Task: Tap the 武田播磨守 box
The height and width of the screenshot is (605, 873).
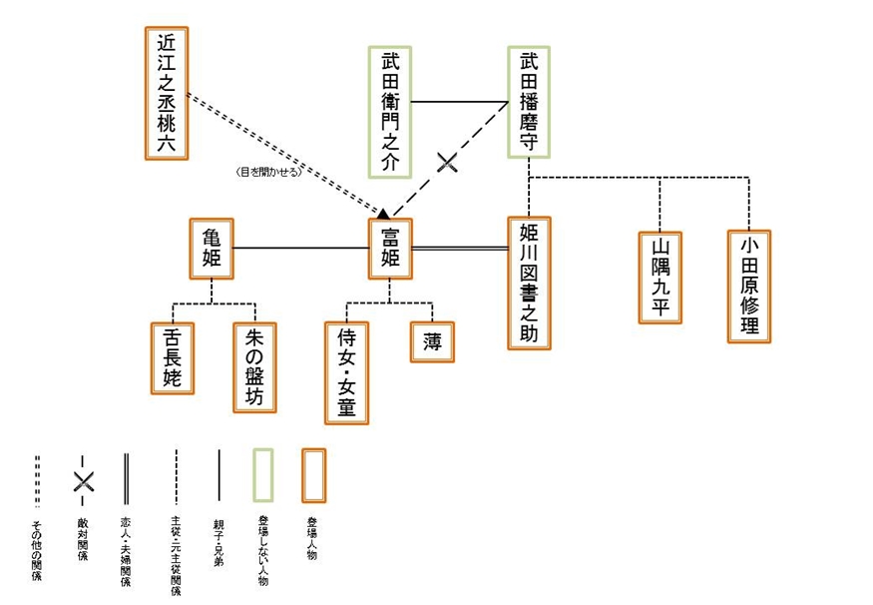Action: click(x=529, y=101)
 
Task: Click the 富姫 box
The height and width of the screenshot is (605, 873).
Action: click(x=390, y=248)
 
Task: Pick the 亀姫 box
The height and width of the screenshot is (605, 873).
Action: click(x=212, y=248)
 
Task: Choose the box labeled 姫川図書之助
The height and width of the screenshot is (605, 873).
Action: click(x=529, y=283)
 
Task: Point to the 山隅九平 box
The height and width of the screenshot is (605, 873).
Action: click(x=660, y=277)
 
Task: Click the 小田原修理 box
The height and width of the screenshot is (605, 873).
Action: click(x=749, y=286)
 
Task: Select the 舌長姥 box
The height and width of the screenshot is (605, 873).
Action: click(x=173, y=358)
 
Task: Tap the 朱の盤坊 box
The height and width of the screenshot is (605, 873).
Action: click(x=254, y=367)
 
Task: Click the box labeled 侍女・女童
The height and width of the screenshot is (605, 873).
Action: click(x=347, y=371)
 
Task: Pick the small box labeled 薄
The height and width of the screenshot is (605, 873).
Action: click(x=432, y=340)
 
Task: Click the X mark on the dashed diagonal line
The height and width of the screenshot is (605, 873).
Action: click(x=448, y=162)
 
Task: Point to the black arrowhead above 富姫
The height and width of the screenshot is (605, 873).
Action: click(x=382, y=212)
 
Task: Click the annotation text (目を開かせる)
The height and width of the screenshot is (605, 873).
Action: click(x=267, y=171)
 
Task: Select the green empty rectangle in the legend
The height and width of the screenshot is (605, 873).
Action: click(x=263, y=474)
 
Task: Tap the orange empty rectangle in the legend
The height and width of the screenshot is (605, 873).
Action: click(x=313, y=474)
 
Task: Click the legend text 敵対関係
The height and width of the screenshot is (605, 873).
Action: click(x=83, y=540)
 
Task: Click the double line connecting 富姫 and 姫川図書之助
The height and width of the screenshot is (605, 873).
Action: click(x=459, y=248)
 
